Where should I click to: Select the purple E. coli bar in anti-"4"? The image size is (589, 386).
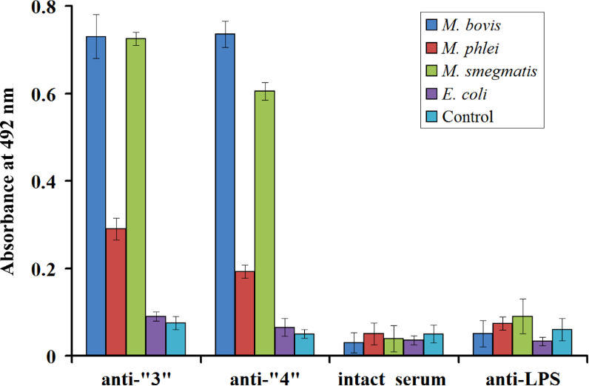[x=285, y=342]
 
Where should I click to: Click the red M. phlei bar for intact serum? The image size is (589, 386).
[x=374, y=345]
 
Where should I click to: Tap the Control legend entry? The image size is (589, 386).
[x=467, y=116]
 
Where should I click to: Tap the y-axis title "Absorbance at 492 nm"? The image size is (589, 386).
[x=10, y=181]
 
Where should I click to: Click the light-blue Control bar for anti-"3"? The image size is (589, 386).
[x=175, y=339]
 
